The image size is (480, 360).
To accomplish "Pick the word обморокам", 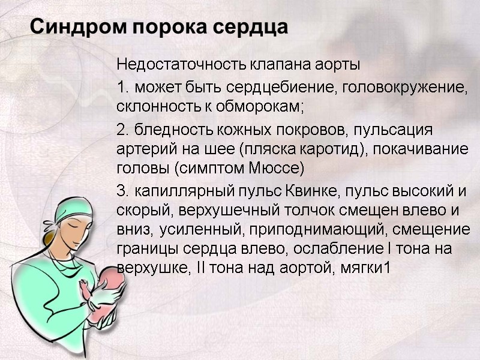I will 264,108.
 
